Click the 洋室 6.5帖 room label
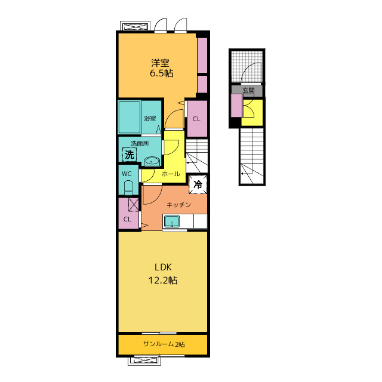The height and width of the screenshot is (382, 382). (162, 68)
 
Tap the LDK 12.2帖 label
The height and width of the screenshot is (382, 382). (163, 274)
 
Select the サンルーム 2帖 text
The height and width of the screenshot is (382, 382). (164, 344)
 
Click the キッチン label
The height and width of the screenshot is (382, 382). (178, 205)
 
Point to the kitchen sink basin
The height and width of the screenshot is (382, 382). (172, 221)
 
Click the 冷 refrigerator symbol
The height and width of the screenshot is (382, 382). (198, 184)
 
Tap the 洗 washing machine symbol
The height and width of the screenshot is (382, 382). (130, 155)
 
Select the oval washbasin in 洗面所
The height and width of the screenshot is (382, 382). (152, 161)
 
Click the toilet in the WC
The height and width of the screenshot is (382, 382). (128, 187)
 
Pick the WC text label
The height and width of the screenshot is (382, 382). (127, 174)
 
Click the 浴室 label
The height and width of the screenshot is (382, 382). (150, 119)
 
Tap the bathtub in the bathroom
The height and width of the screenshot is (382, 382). (130, 117)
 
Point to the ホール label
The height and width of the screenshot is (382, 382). (171, 174)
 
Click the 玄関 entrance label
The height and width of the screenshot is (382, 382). (248, 90)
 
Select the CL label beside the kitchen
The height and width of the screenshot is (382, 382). (127, 219)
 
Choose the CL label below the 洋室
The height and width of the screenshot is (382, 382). (196, 119)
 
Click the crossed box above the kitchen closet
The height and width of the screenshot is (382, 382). (134, 205)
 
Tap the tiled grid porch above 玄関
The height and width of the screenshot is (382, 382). (247, 67)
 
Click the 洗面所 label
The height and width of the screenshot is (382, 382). (140, 143)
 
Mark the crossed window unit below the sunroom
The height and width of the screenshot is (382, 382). (144, 361)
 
